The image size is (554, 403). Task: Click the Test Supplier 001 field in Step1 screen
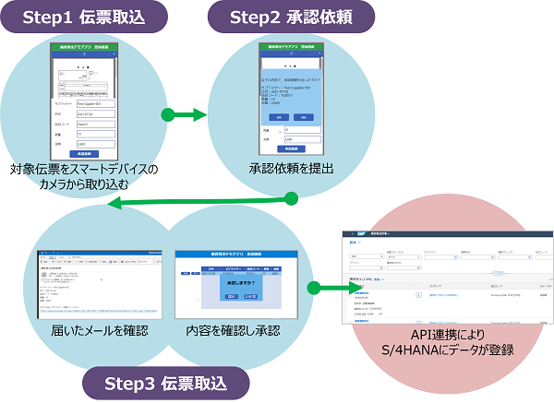(94, 106)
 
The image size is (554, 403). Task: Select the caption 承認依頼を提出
(290, 167)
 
